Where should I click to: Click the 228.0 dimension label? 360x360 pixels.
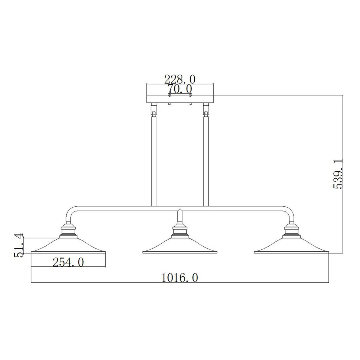[x=180, y=79]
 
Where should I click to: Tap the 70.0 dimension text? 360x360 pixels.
[x=180, y=89]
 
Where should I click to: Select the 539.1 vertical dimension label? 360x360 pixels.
[x=338, y=174]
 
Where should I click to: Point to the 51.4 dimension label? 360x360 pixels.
[x=19, y=245]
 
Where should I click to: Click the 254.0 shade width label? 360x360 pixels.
[x=68, y=262]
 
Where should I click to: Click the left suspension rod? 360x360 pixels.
[x=154, y=162]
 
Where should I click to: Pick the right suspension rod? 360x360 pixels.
[x=206, y=162]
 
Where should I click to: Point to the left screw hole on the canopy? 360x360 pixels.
[x=169, y=95]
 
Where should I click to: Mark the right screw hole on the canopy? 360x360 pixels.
[x=190, y=95]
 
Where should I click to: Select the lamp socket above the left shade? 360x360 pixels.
[x=68, y=231]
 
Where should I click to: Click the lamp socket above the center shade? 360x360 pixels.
[x=180, y=231]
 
